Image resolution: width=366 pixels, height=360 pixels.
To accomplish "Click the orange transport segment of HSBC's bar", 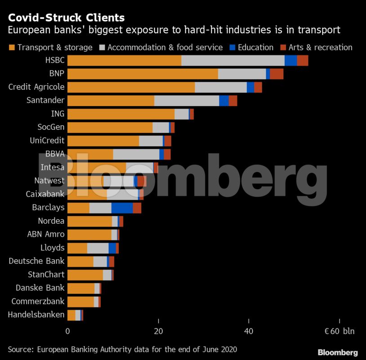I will tap(124, 60).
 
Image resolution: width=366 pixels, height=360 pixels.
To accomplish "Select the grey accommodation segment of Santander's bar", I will tap(187, 100).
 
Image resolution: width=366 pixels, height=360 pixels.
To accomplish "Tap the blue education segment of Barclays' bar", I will tap(122, 208).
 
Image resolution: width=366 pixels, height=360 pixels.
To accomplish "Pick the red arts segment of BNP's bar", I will tap(277, 74).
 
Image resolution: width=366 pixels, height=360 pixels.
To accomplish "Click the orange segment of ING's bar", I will tap(121, 114).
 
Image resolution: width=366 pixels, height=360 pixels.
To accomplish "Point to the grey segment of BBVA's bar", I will tap(136, 154).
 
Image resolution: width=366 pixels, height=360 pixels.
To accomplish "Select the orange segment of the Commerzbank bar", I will tap(80, 302).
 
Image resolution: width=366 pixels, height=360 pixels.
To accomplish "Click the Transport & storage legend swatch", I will tap(12, 48).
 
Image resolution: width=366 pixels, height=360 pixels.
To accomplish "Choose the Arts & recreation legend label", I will tap(321, 47).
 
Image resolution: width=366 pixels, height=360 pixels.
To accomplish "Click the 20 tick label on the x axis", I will tap(158, 332).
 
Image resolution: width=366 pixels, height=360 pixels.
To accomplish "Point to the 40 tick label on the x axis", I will tap(249, 332).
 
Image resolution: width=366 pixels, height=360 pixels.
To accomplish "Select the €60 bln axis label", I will tap(339, 332).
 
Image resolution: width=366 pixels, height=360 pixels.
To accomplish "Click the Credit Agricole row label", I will tap(36, 87).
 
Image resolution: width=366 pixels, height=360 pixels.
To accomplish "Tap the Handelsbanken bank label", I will tap(36, 315).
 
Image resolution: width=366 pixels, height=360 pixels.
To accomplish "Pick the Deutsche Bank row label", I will tap(36, 261).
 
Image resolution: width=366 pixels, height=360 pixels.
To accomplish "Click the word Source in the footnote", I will tap(20, 349).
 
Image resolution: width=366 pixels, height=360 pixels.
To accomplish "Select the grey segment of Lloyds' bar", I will tap(98, 248).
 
